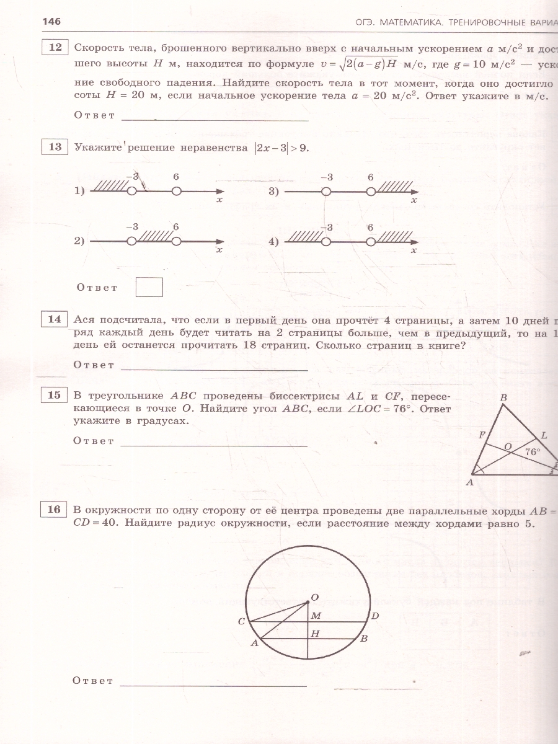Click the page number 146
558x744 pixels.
[x=51, y=22]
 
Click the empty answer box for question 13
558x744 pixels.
[x=149, y=287]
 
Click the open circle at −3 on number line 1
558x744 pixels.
[x=131, y=192]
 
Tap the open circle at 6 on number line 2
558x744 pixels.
[x=176, y=241]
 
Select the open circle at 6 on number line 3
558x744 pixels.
[x=370, y=192]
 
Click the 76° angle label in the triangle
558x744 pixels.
[x=533, y=452]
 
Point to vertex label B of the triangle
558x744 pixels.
[x=503, y=397]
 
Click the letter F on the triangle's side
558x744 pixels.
[x=482, y=435]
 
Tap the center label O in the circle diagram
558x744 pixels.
[x=314, y=597]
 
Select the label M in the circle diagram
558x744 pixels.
[x=316, y=616]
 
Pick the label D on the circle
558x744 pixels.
[x=374, y=616]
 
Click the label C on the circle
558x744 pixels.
[x=241, y=621]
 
